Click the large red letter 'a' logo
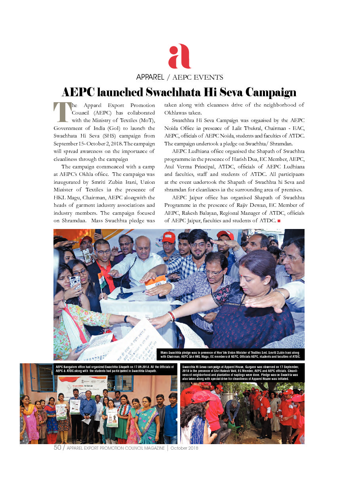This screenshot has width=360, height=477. [179, 57]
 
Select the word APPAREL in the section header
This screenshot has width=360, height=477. [150, 77]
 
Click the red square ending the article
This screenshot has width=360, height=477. [279, 220]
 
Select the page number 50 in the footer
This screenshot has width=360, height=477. [57, 448]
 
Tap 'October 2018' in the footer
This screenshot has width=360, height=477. [184, 448]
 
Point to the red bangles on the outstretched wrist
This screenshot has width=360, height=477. [171, 316]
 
